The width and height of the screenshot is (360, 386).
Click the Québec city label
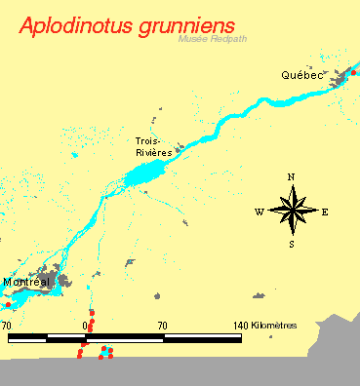click(301, 75)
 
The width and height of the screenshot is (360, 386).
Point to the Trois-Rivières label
click(153, 147)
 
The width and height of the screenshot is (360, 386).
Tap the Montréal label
click(26, 282)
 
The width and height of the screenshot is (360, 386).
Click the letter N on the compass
click(291, 176)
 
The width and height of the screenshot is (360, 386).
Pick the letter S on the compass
click(291, 244)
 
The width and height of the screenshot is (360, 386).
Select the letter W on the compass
click(260, 212)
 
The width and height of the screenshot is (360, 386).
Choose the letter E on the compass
click(324, 212)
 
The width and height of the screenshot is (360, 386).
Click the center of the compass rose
click(291, 211)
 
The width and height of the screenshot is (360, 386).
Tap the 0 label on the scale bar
click(86, 325)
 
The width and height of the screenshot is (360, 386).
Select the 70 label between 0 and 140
click(162, 325)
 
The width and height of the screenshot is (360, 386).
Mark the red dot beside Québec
click(353, 72)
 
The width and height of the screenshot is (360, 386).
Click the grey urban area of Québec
click(340, 80)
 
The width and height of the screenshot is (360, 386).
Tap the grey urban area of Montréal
click(61, 282)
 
